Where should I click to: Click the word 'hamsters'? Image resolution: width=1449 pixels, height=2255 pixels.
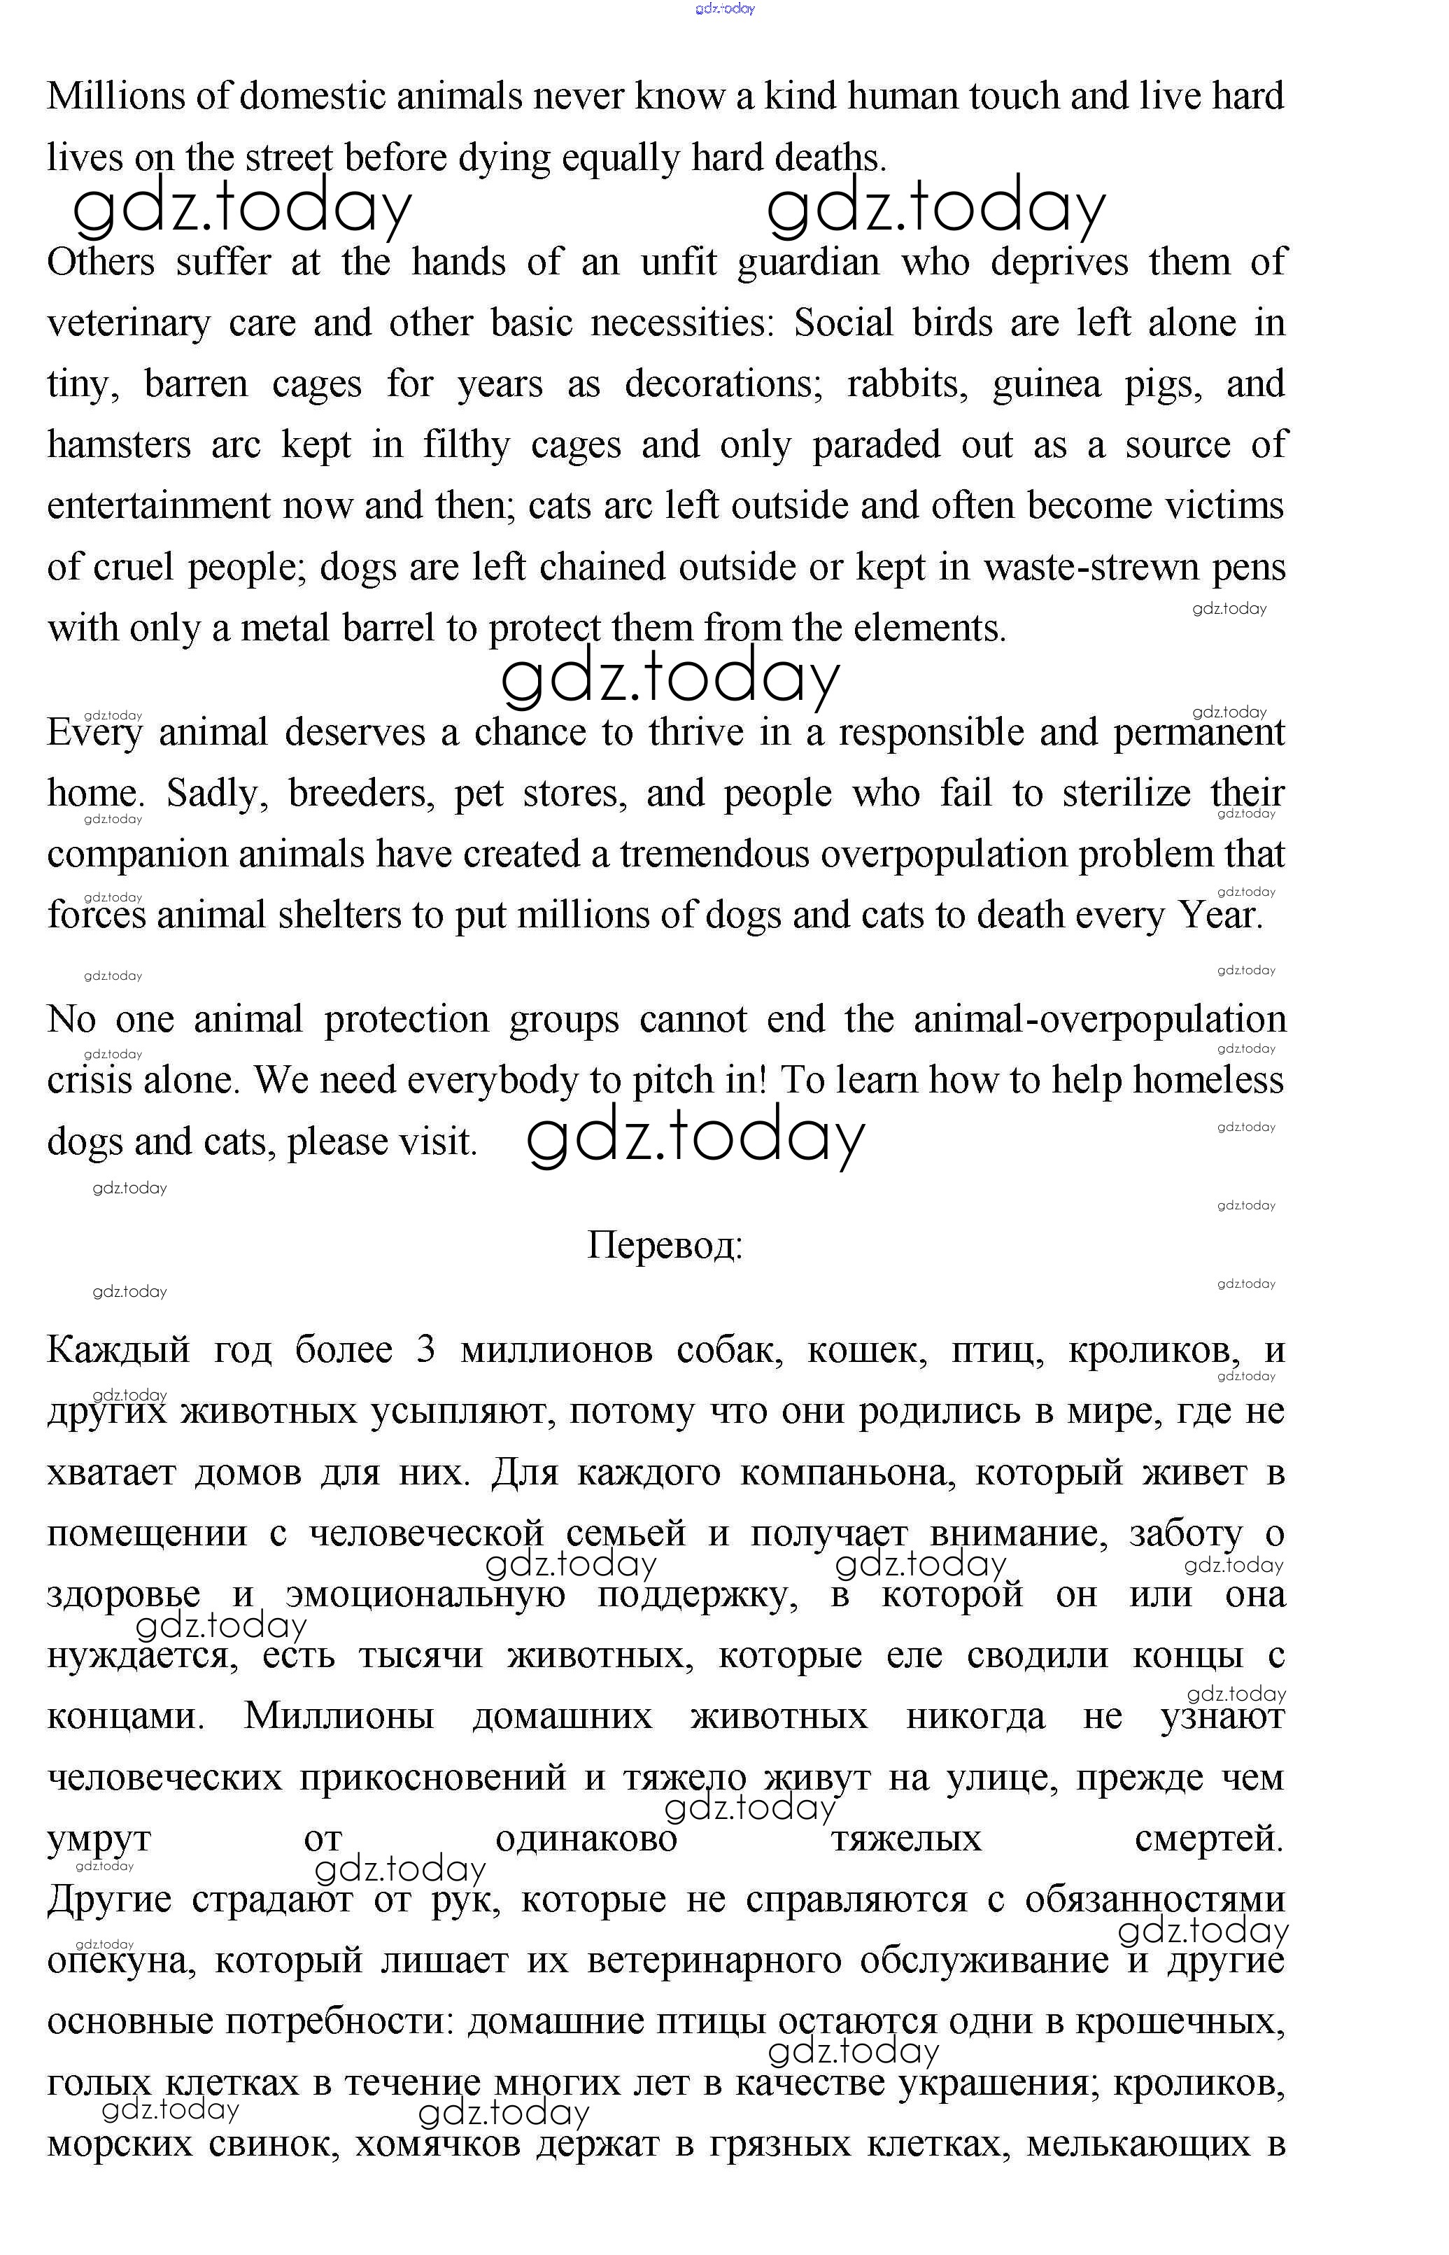[118, 445]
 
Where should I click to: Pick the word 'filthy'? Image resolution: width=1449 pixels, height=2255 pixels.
[466, 445]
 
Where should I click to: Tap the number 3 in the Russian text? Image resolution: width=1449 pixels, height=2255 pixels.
[425, 1349]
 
